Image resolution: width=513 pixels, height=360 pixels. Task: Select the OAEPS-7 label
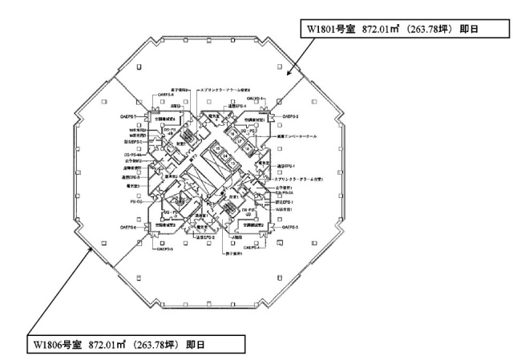pyautogui.click(x=132, y=116)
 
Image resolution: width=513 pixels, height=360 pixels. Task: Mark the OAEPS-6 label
pyautogui.click(x=133, y=228)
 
